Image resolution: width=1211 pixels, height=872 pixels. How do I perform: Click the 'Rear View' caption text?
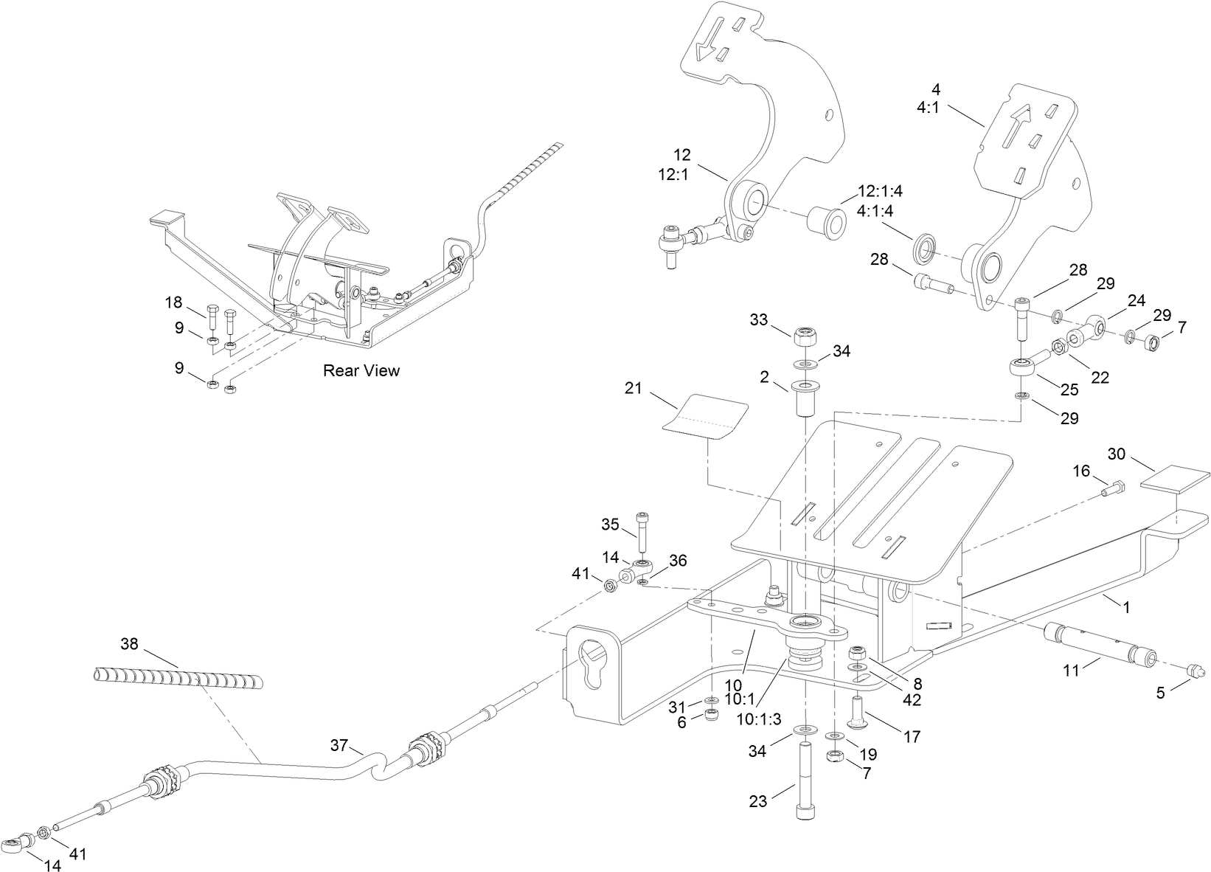pyautogui.click(x=361, y=370)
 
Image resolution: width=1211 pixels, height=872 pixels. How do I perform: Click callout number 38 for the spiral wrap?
pyautogui.click(x=129, y=643)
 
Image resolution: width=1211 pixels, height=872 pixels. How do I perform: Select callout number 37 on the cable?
pyautogui.click(x=339, y=746)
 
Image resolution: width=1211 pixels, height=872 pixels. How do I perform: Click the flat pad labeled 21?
pyautogui.click(x=707, y=418)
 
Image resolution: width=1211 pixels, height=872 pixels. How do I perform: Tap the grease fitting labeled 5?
pyautogui.click(x=1195, y=671)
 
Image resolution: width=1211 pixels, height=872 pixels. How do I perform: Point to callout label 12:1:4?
pyautogui.click(x=880, y=192)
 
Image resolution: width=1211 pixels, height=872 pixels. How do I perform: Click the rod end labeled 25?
pyautogui.click(x=1025, y=366)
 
